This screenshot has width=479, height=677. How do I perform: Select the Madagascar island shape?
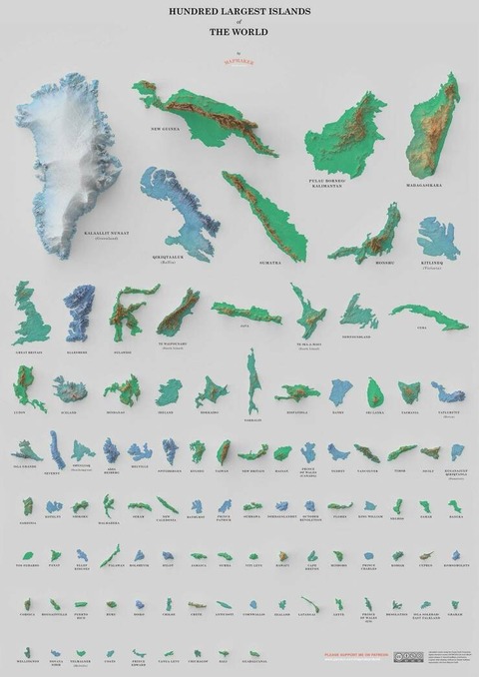coord(432,125)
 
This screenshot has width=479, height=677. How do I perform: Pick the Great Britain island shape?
coord(30,315)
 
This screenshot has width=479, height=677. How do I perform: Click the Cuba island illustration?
coord(429,315)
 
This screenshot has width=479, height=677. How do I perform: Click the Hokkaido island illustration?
coord(211,389)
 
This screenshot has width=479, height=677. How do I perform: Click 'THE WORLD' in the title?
coord(239,32)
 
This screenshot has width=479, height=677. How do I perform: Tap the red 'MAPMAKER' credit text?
coord(239,60)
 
